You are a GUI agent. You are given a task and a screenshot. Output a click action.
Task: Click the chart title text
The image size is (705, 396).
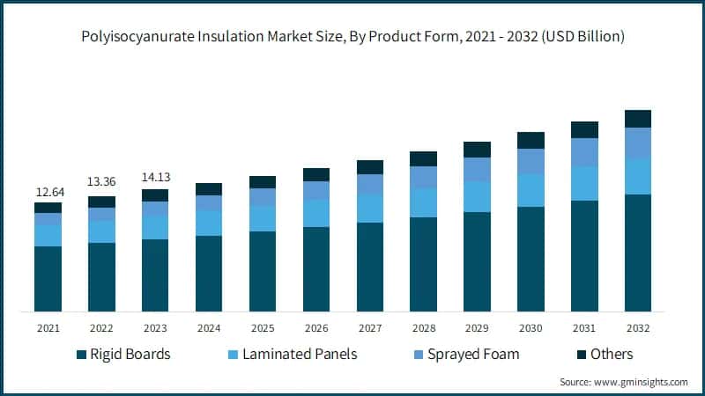tap(352, 36)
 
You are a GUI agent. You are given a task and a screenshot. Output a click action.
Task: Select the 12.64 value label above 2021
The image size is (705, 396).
tap(48, 191)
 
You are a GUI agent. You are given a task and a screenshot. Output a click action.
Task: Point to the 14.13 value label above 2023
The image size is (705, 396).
tap(155, 177)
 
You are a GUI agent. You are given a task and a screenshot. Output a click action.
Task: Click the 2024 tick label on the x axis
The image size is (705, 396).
tap(209, 328)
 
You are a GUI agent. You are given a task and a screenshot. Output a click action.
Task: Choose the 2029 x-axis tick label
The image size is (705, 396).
tap(477, 328)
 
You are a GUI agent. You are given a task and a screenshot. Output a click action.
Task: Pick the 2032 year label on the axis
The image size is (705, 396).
tap(638, 328)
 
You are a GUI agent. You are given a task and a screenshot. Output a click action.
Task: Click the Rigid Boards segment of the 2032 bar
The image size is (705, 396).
tap(638, 253)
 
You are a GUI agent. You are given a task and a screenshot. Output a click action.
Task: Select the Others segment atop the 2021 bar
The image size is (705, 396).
tap(48, 208)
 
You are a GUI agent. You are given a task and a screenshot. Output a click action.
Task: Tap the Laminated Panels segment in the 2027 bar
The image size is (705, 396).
tap(370, 209)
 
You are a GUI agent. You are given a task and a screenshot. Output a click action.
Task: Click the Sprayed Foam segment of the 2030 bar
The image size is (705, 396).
tap(531, 161)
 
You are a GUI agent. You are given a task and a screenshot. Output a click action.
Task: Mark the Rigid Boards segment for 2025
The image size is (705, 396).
tap(263, 271)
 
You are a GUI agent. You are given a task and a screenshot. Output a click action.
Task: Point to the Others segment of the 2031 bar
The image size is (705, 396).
tap(584, 130)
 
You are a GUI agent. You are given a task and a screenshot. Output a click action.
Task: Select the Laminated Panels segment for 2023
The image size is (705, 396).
tap(155, 227)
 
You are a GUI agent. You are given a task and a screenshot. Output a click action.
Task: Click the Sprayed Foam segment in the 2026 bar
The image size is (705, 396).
tap(316, 190)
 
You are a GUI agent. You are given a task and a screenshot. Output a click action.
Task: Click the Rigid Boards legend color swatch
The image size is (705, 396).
tap(82, 355)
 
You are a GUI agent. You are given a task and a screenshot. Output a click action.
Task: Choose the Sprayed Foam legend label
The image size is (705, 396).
tap(473, 355)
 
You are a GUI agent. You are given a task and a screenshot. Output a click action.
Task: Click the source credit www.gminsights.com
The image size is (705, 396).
tap(624, 382)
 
